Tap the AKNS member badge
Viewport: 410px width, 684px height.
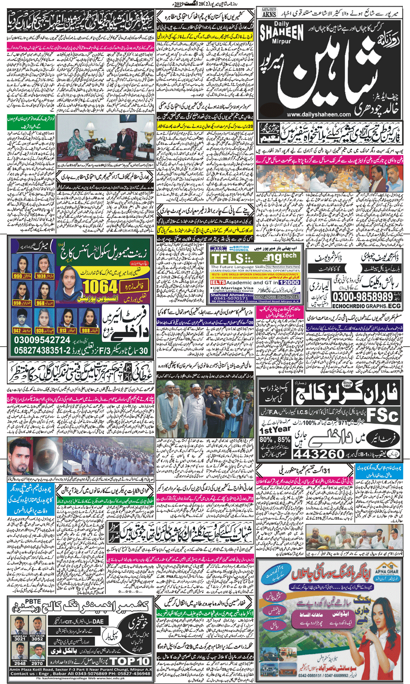[x=269, y=12]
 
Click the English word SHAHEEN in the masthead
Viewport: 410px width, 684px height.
[x=282, y=34]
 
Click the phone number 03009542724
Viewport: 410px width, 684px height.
[x=42, y=341]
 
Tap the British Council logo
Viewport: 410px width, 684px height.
[x=240, y=248]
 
